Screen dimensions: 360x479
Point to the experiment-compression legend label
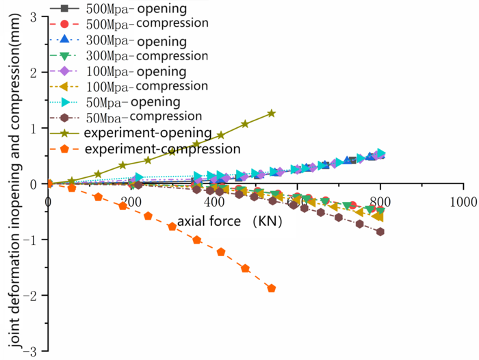(161, 148)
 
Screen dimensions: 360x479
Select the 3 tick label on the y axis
(33, 16)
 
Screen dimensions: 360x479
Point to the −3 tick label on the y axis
(30, 350)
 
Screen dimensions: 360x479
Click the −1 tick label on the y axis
(30, 240)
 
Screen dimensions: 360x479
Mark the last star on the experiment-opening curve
(272, 114)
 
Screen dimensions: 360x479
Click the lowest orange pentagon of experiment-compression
(272, 288)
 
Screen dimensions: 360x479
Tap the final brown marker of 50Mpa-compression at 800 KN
(380, 231)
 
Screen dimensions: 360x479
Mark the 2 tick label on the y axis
(33, 73)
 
